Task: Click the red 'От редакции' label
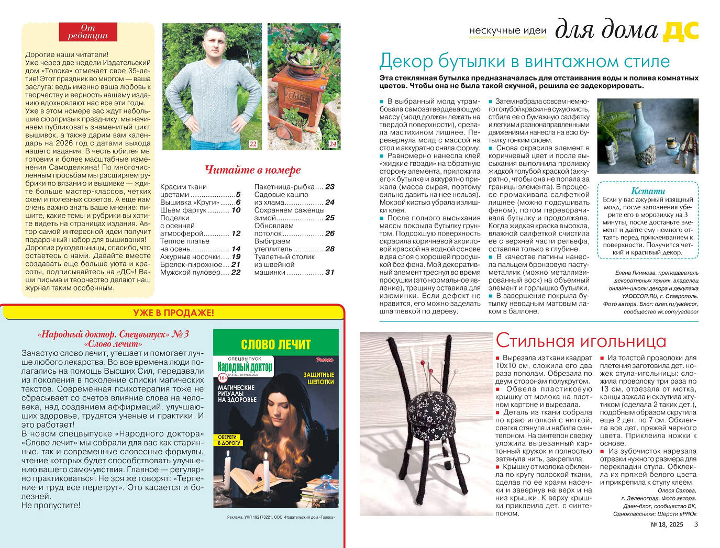[x=87, y=32]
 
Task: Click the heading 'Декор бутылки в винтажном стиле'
[x=524, y=61]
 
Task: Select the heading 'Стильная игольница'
[x=581, y=341]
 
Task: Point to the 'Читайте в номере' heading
[x=252, y=170]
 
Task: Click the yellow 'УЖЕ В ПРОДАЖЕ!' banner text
[x=173, y=313]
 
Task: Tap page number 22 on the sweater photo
[x=253, y=144]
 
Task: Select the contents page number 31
[x=329, y=272]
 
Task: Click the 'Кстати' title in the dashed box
[x=648, y=191]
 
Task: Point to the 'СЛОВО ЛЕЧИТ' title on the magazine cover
[x=275, y=344]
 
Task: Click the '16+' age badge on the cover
[x=223, y=377]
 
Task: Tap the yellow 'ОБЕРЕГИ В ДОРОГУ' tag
[x=228, y=440]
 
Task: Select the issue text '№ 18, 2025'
[x=667, y=524]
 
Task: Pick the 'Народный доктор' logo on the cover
[x=245, y=367]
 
